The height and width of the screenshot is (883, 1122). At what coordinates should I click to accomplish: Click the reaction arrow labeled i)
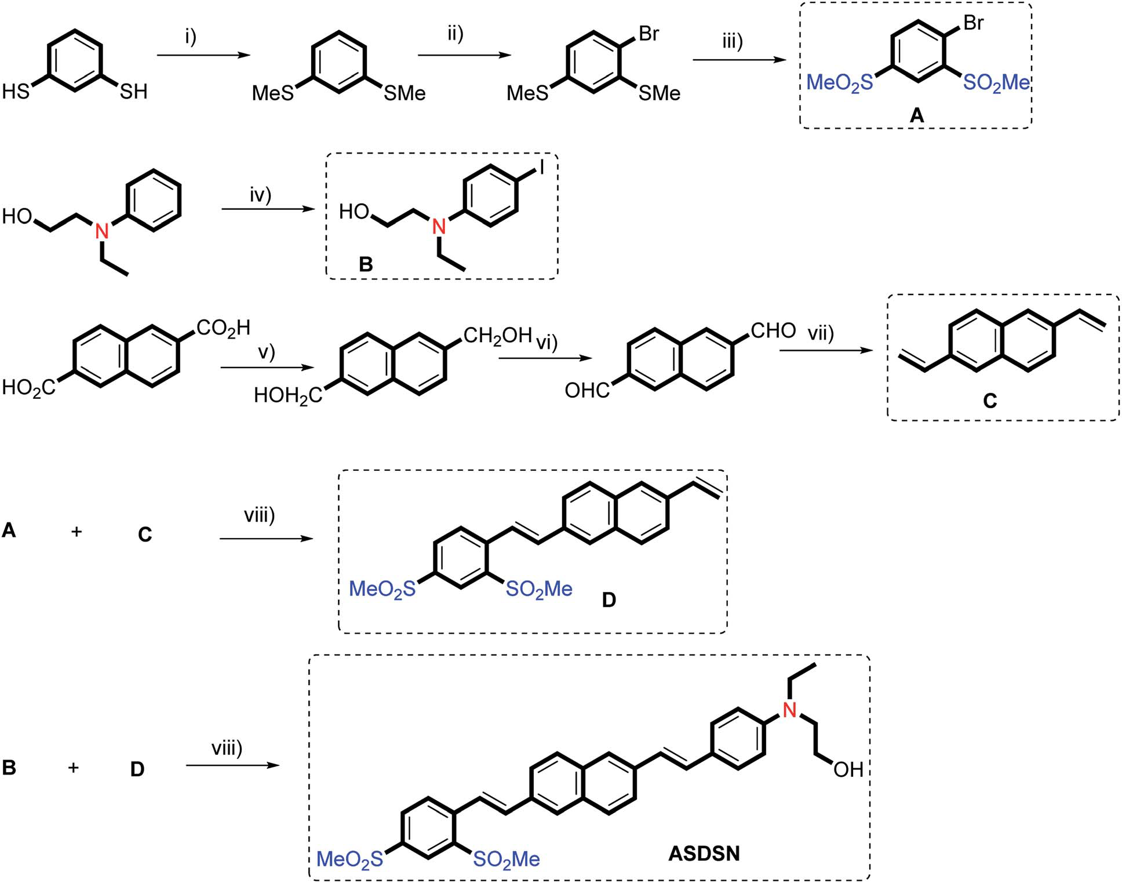(x=203, y=56)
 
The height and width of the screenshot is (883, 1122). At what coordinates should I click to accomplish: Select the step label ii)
(x=455, y=34)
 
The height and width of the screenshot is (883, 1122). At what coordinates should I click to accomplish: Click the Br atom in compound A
(x=973, y=23)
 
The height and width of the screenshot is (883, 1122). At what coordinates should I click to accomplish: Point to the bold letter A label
(x=916, y=116)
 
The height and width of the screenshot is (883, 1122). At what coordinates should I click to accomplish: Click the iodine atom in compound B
(x=542, y=168)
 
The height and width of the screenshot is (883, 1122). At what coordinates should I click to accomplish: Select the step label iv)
(x=260, y=195)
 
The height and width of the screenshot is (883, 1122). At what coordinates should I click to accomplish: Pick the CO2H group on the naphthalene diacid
(x=223, y=328)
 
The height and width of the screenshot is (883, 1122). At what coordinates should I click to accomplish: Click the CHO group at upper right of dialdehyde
(x=773, y=330)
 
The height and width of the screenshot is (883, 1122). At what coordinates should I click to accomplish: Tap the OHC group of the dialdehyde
(x=586, y=391)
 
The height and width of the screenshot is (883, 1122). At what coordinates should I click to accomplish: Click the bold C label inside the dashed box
(x=990, y=401)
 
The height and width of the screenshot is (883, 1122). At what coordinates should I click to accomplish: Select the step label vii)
(x=821, y=333)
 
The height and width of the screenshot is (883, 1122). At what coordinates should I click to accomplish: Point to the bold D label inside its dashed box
(x=609, y=600)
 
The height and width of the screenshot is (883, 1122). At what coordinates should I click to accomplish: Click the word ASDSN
(x=704, y=853)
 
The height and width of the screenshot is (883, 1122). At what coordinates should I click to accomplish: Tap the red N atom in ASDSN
(x=789, y=710)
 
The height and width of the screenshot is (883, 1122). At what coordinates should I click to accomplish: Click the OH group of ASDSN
(x=848, y=769)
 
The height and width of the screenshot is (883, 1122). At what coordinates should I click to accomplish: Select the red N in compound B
(x=439, y=226)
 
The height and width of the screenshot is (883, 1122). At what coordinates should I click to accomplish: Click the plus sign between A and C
(x=76, y=531)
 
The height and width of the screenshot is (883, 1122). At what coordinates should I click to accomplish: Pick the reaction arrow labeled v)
(x=267, y=368)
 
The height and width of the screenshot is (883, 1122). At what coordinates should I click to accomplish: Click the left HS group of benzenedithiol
(x=16, y=92)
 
